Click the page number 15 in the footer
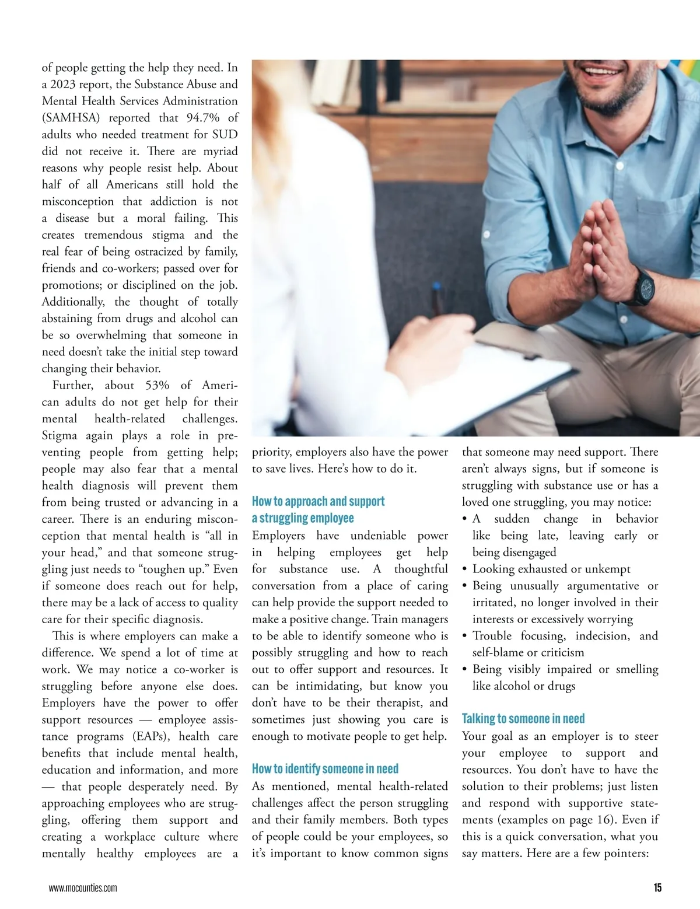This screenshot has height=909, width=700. click(657, 887)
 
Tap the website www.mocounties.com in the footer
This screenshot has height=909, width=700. click(83, 888)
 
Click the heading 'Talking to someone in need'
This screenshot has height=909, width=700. click(523, 719)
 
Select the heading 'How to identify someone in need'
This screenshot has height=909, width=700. click(325, 769)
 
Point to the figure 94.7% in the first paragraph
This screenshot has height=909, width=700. click(203, 118)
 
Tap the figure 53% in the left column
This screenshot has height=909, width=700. click(157, 386)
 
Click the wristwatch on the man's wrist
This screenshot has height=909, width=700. click(643, 286)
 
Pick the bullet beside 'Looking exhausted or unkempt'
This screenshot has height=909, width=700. click(464, 569)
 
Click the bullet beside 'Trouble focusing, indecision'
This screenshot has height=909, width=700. click(464, 637)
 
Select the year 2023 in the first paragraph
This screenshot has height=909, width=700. click(62, 85)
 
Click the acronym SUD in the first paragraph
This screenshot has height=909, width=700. click(225, 135)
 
